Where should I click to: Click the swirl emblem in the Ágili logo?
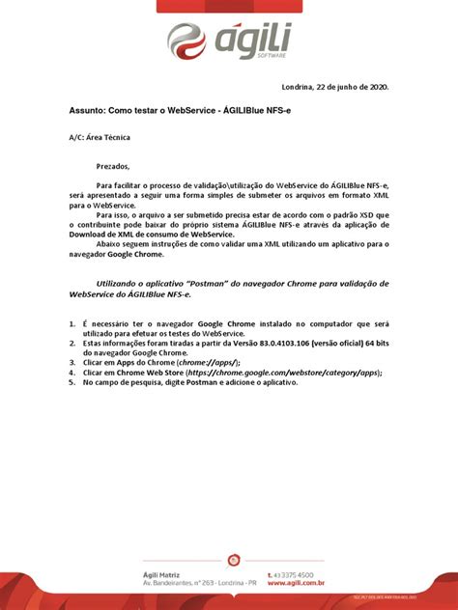(187, 41)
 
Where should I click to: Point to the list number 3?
(72, 361)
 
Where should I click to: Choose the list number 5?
(72, 381)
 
